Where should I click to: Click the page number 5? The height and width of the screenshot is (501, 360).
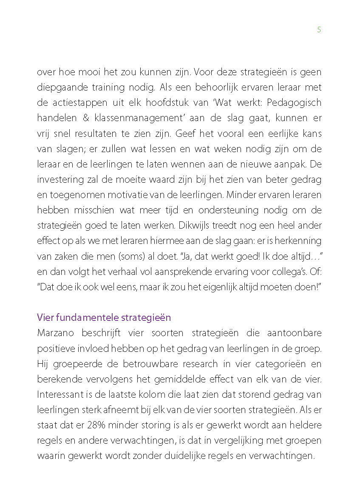click(319, 30)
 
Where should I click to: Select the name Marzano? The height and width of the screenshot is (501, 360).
click(54, 333)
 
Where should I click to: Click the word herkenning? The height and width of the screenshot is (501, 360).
click(297, 241)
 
